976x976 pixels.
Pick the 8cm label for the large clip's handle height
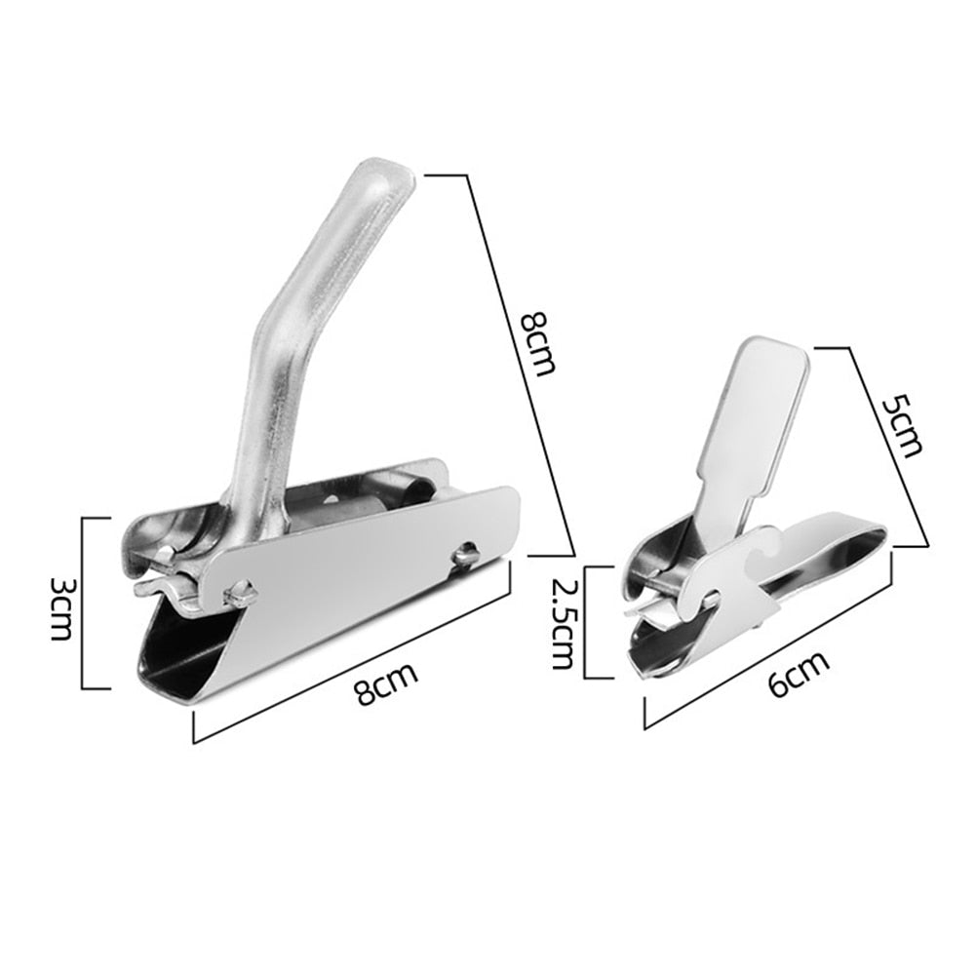pos(537,343)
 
